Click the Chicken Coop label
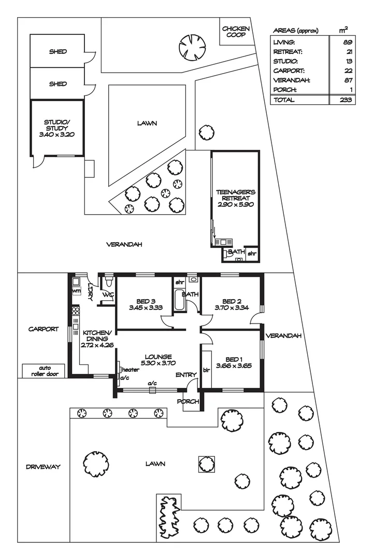pyautogui.click(x=236, y=32)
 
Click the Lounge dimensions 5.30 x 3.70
pyautogui.click(x=159, y=363)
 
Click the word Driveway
pyautogui.click(x=44, y=467)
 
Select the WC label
pyautogui.click(x=108, y=295)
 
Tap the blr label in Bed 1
pyautogui.click(x=206, y=370)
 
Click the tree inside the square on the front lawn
pyautogui.click(x=206, y=463)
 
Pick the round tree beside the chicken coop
pyautogui.click(x=191, y=48)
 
